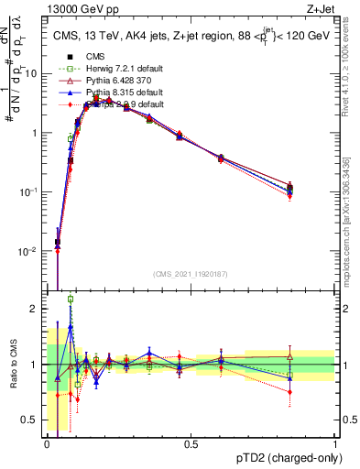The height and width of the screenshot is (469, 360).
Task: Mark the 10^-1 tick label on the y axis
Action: (30, 191)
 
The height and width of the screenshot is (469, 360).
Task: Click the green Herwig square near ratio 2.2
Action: (71, 299)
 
